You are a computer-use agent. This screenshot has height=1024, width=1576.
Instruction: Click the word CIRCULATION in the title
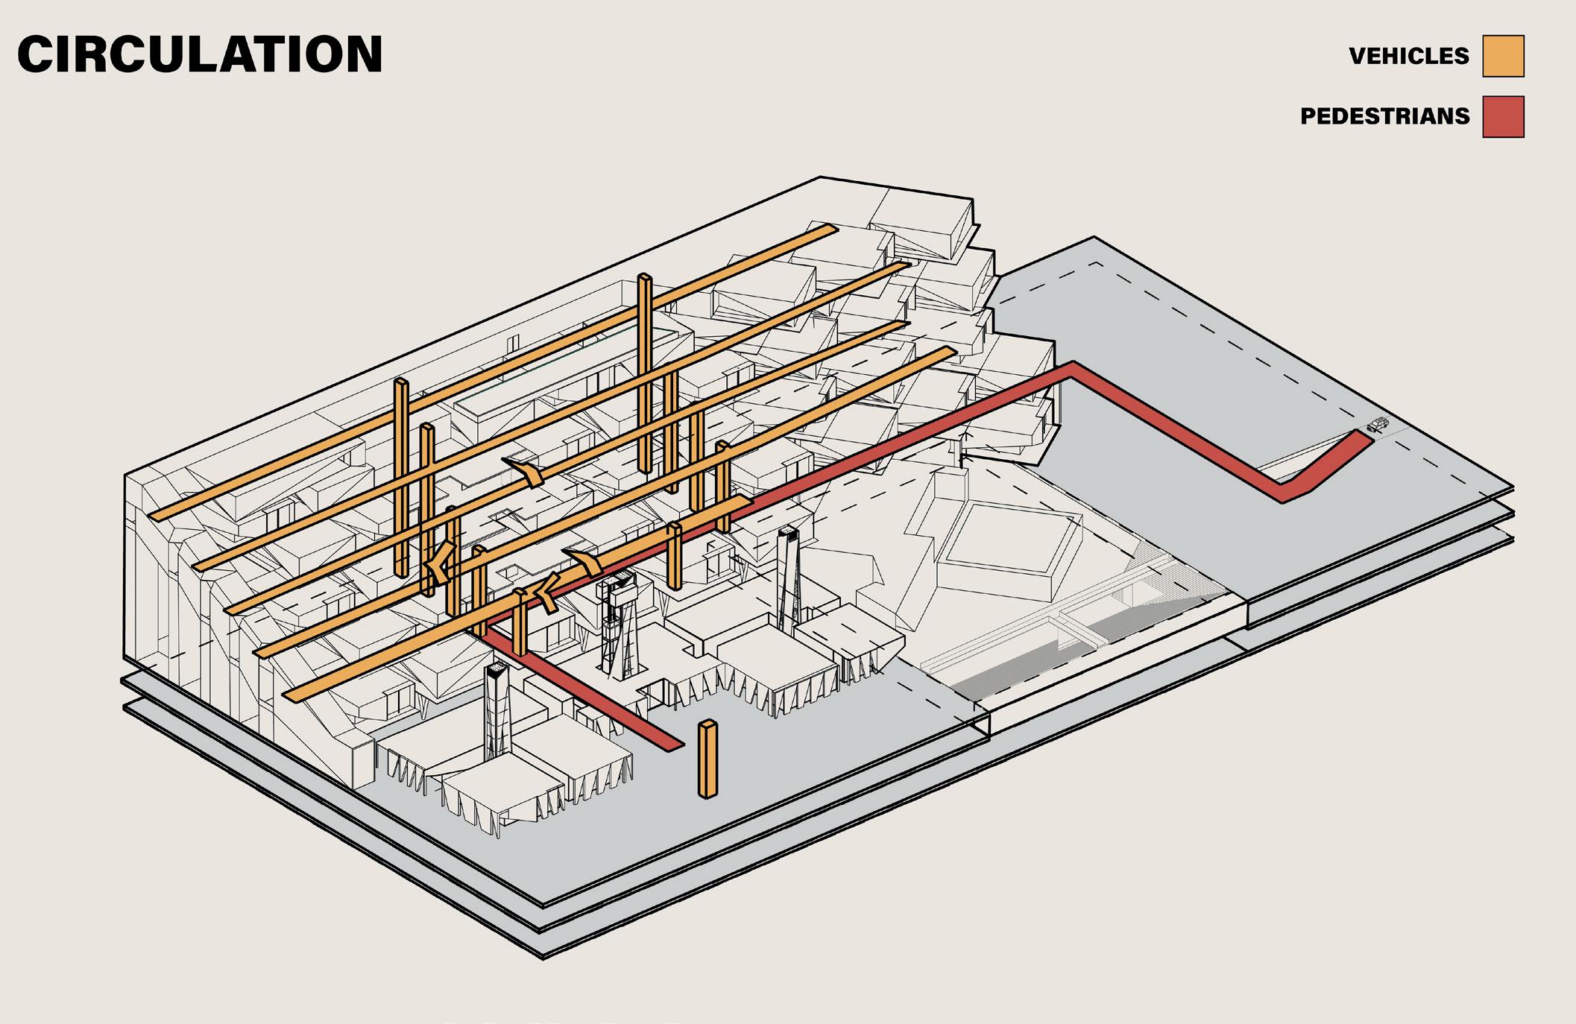[200, 55]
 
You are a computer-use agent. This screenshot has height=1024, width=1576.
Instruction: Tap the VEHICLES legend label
[1408, 56]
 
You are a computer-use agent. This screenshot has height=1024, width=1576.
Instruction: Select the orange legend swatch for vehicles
[1503, 56]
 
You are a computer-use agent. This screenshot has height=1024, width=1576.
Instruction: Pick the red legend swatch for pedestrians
[1503, 116]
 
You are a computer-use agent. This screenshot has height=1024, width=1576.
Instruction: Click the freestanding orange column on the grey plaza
[707, 759]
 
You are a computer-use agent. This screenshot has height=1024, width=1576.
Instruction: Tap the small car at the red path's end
[1378, 425]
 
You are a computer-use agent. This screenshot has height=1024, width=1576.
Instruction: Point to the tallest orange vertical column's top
[645, 278]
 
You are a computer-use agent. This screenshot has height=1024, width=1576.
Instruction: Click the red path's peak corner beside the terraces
[1071, 367]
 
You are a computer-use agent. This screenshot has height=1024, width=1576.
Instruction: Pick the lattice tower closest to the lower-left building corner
[497, 712]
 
